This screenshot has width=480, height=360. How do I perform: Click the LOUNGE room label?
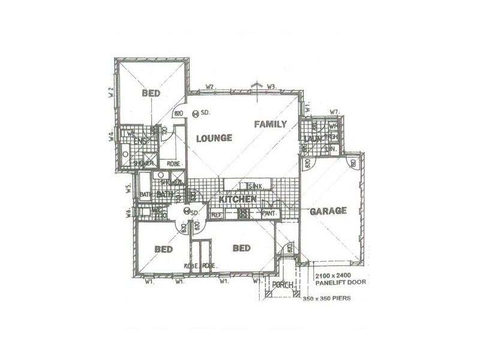pos(214,138)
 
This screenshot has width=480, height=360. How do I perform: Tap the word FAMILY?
pos(270,124)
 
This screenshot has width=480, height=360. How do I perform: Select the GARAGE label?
pos(328,211)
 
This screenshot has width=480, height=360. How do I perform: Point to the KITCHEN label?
pos(238,199)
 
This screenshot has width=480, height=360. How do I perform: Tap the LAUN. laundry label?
pos(310,139)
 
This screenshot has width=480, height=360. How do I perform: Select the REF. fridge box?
pos(217,213)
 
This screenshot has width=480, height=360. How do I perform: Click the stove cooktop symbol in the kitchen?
pos(244,213)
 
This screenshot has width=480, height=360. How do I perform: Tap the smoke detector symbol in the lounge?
pos(196,113)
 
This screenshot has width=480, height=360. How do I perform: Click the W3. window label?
pos(272,87)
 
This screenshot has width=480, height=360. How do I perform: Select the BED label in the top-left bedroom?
pos(151,94)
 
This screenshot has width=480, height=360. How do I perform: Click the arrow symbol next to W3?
pos(257,85)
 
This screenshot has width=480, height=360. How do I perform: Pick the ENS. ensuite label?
pos(139,141)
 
